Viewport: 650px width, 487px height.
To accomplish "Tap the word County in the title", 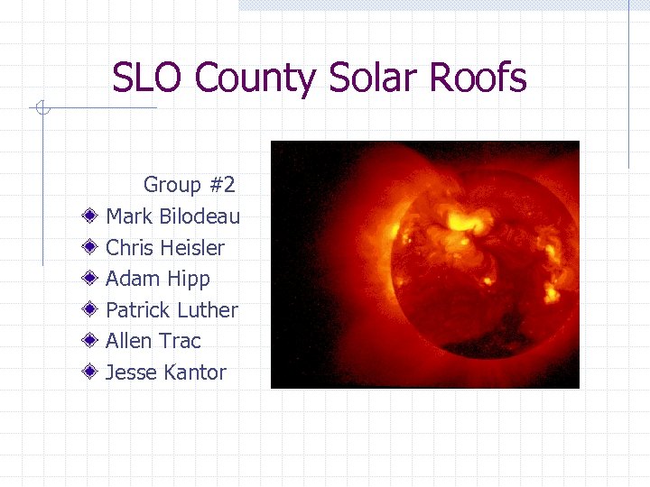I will click(x=255, y=78).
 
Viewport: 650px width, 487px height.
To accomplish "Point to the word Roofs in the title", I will click(x=478, y=78).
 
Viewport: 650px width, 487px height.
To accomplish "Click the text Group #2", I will click(x=190, y=185).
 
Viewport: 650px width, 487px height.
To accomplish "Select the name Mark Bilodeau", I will click(x=172, y=216).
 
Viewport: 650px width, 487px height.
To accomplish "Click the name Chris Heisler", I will click(x=165, y=247).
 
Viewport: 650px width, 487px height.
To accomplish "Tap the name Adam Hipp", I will click(x=158, y=279).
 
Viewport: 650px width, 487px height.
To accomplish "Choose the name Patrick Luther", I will click(x=172, y=310).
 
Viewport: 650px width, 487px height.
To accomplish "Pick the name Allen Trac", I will click(x=153, y=341).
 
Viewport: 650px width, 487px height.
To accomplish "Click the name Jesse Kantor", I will click(x=166, y=372).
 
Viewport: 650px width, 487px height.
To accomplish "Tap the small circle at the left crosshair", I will click(x=40, y=109).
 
